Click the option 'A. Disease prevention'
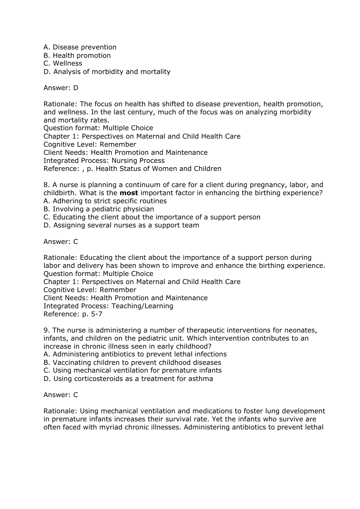80,47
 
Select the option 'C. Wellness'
63,63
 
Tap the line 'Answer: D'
61,88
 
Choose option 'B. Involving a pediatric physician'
99,209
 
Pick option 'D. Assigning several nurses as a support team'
121,225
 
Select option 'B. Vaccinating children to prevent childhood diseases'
132,363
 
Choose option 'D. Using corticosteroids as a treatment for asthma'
128,379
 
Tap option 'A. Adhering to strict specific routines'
105,201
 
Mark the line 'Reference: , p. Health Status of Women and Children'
132,169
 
